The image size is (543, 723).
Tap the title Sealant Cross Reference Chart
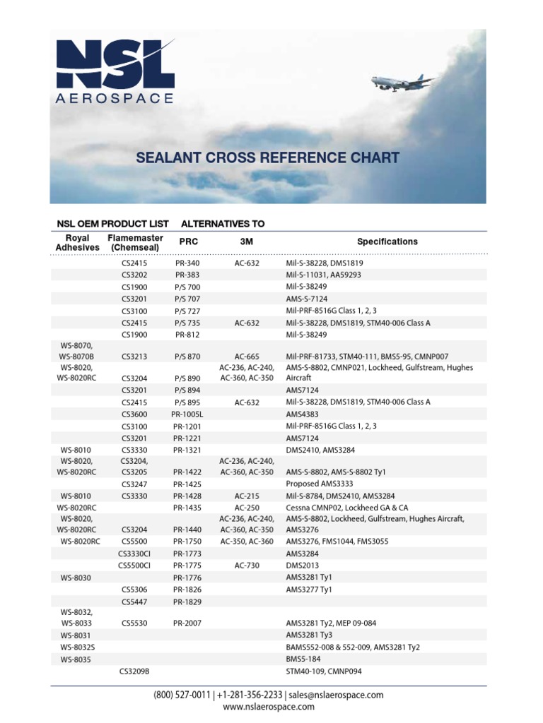click(x=268, y=157)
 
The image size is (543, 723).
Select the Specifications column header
click(x=387, y=241)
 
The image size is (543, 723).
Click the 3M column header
click(x=246, y=241)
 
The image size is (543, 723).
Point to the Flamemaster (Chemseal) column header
click(x=135, y=242)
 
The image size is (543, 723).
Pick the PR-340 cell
click(x=187, y=262)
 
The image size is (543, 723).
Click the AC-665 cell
click(x=246, y=357)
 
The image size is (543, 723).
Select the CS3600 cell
click(x=134, y=414)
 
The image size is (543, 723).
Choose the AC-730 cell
click(x=246, y=566)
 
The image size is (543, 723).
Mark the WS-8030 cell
click(x=76, y=578)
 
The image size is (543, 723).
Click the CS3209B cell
click(x=134, y=671)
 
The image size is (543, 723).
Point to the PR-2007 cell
click(x=187, y=623)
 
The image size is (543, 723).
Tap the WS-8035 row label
click(x=76, y=659)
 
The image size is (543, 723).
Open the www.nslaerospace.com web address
click(x=268, y=707)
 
